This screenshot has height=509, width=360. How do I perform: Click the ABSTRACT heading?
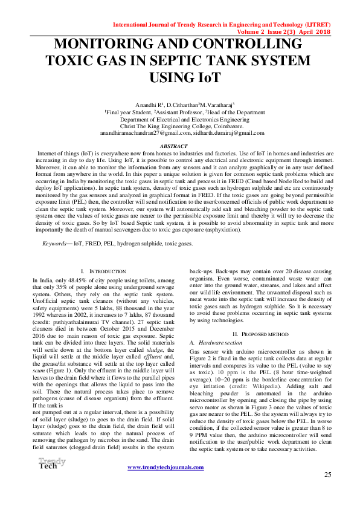point(179,147)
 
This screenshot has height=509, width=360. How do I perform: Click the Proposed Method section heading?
point(260,334)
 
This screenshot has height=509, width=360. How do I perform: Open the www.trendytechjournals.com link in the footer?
point(165,467)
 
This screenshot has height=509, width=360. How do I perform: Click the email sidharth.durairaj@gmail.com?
point(224,132)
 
